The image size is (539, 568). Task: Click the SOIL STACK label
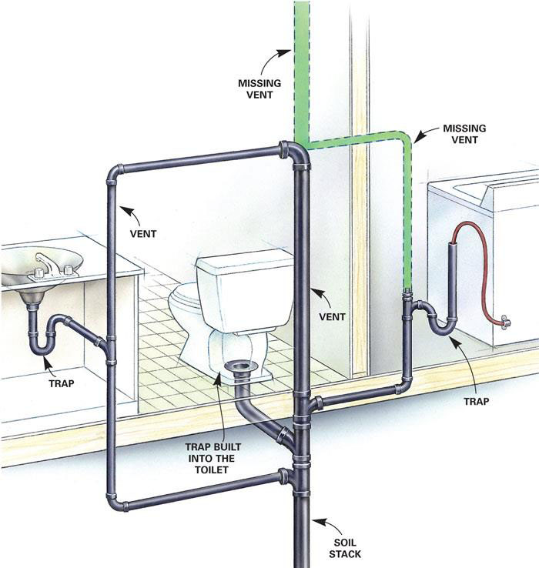coord(345,548)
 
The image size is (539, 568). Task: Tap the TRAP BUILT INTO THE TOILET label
coord(213,458)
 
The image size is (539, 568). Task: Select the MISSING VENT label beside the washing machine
coord(464,134)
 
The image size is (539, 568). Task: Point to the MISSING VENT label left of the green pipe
coord(259,89)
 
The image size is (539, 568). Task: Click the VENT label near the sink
coord(143,234)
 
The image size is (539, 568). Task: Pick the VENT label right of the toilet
coord(332,316)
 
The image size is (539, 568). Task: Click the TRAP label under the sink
coord(62,383)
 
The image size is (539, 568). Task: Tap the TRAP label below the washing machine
coord(477,401)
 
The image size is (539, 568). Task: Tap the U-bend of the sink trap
coord(41,348)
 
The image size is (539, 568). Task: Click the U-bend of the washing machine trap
coord(442,326)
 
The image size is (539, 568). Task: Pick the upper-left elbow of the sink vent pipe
coord(115,173)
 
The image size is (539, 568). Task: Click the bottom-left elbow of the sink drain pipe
coord(115,502)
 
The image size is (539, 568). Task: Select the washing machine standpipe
coord(452,279)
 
